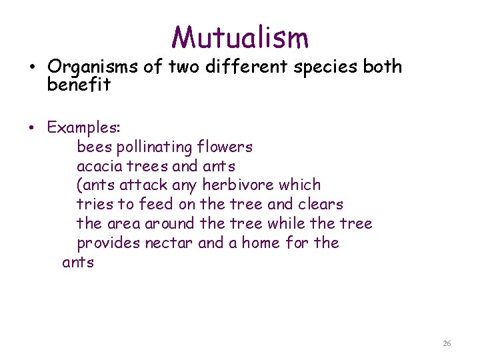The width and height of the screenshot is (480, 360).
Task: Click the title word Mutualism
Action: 240,37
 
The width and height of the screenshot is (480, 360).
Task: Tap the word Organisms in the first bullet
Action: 85,67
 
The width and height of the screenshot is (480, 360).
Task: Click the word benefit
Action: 79,85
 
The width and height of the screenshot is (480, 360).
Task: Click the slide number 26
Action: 447,343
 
